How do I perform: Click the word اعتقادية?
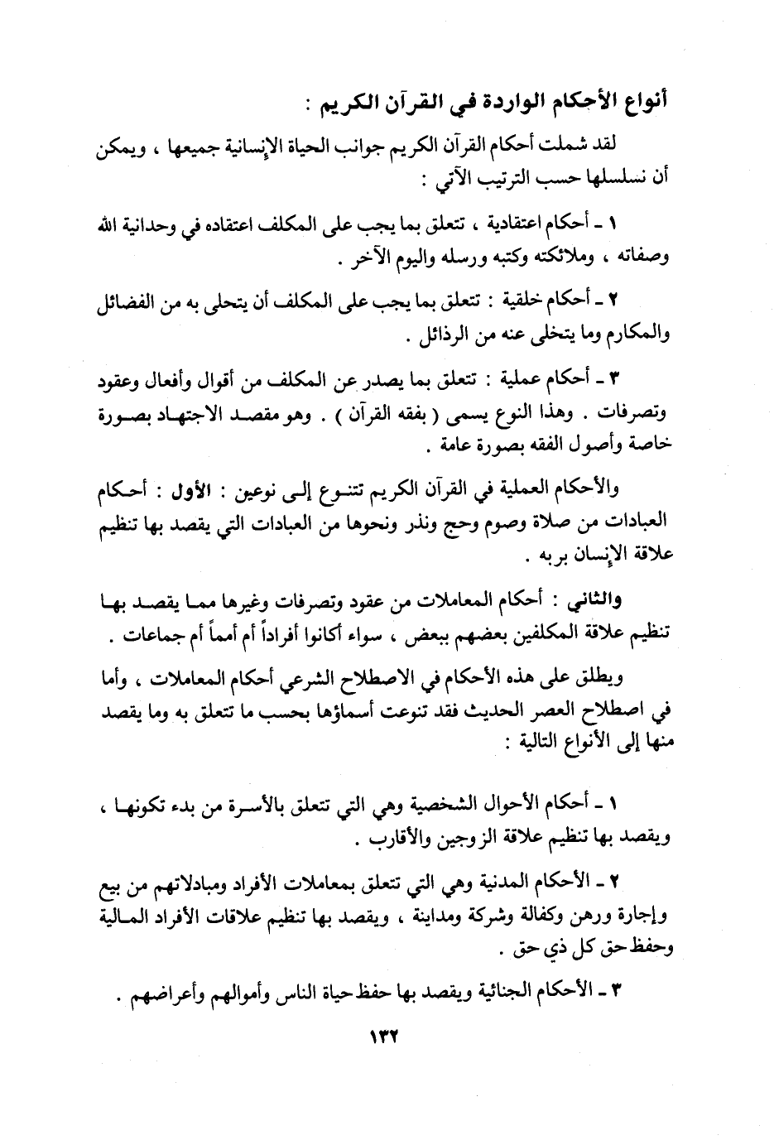(x=516, y=224)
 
